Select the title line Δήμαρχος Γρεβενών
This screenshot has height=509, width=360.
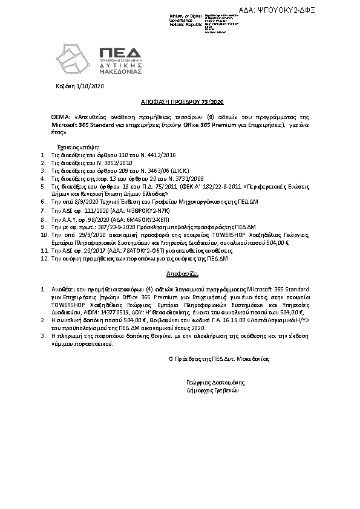click(x=213, y=391)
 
